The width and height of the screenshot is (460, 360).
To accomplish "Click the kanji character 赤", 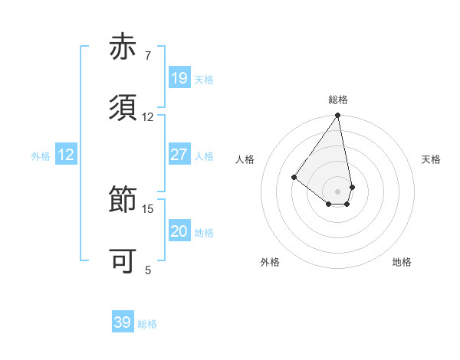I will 124,47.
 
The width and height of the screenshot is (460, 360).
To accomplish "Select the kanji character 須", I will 124,108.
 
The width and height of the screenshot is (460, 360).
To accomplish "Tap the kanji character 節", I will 124,200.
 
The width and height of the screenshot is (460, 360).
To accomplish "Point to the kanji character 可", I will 124,261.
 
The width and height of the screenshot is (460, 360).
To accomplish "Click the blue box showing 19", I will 179,78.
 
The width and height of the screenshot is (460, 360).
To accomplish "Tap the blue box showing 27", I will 179,155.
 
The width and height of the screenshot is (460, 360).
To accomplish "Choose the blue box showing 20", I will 179,231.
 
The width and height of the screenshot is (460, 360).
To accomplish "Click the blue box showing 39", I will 122,322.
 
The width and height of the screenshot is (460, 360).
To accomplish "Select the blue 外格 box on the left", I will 65,155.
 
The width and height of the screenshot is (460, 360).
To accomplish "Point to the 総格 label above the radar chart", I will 338,100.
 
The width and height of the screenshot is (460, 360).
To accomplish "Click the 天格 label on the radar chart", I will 431,159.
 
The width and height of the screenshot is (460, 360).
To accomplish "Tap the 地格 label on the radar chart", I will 402,262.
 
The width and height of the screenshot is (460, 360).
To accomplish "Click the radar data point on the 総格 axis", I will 338,116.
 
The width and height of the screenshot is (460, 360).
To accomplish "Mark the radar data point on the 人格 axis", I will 294,177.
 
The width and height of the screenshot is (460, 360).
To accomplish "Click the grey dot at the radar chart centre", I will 338,191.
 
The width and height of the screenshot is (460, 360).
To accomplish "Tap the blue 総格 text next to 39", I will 147,324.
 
